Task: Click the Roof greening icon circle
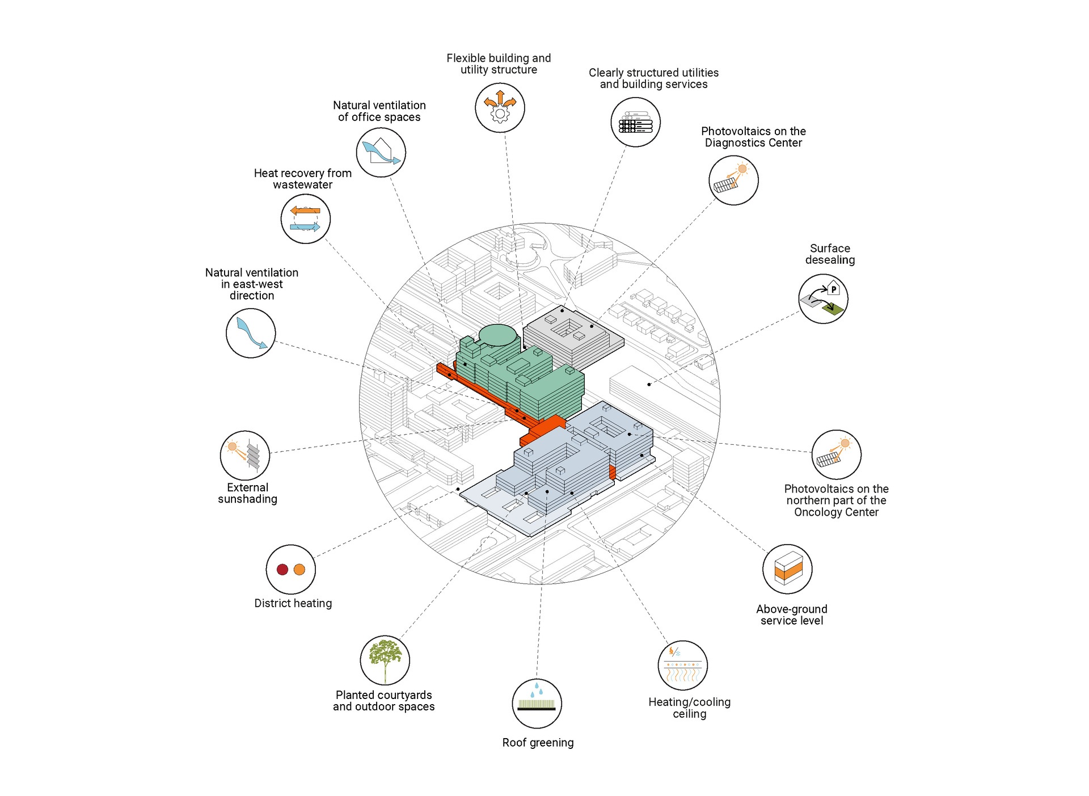click(x=537, y=704)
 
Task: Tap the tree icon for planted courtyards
click(x=385, y=659)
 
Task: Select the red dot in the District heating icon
click(x=282, y=570)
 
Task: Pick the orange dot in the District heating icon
click(x=299, y=570)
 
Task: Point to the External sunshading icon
click(x=245, y=455)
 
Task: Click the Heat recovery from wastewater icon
click(x=306, y=219)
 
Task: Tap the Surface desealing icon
click(x=824, y=299)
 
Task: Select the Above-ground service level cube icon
click(x=788, y=568)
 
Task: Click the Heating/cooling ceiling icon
click(x=683, y=666)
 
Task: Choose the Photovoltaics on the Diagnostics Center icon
click(x=733, y=180)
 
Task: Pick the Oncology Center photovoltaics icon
click(x=836, y=454)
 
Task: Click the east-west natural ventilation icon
click(x=251, y=333)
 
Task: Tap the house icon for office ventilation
click(x=381, y=152)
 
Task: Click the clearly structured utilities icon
click(x=635, y=123)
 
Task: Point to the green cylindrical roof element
click(x=499, y=335)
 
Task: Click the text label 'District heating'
click(x=293, y=603)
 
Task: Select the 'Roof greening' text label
click(x=538, y=743)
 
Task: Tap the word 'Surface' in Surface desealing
click(x=830, y=249)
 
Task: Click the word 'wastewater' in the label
click(x=302, y=185)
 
